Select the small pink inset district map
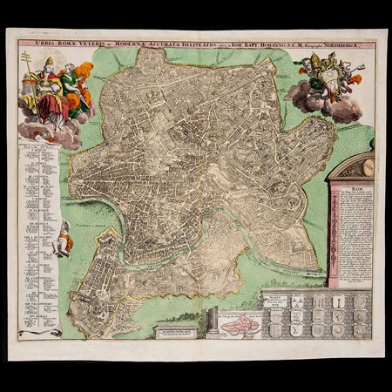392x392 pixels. coord(238,328)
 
